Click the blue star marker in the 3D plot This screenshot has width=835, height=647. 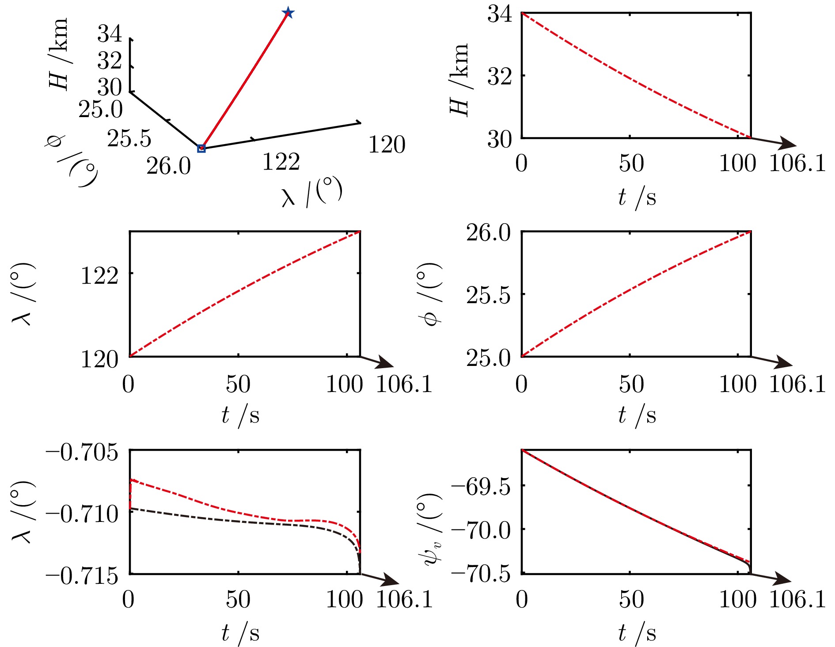(x=288, y=12)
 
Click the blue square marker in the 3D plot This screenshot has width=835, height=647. (x=201, y=148)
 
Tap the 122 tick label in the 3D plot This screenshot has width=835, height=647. (x=281, y=162)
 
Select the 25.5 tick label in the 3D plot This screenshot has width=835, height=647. (x=129, y=139)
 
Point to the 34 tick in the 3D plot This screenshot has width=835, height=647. (x=110, y=34)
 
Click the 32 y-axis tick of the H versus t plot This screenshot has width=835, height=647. (x=499, y=76)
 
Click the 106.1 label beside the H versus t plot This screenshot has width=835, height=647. (x=797, y=164)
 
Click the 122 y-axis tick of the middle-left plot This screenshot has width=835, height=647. (x=99, y=276)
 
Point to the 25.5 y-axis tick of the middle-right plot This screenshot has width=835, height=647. (x=488, y=295)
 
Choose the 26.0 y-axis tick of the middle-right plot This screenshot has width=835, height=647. (x=488, y=232)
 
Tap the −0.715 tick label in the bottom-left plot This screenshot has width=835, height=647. (x=82, y=576)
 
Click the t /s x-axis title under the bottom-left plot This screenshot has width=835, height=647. (x=240, y=633)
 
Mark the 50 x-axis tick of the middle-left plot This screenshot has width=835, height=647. (x=238, y=384)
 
